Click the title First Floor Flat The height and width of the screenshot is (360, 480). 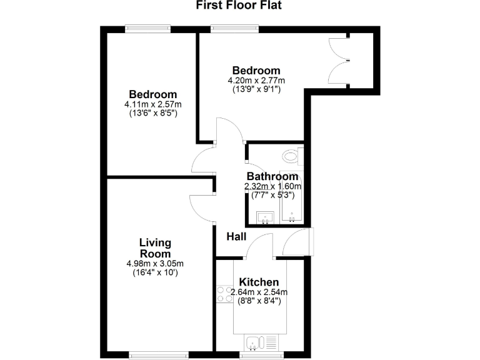(x=239, y=6)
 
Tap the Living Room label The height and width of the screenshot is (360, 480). (x=155, y=248)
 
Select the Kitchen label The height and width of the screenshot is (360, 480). (x=257, y=282)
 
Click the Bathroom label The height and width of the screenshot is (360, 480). (x=272, y=176)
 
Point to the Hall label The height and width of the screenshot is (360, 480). (x=236, y=236)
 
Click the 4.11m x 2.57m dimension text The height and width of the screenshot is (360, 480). (x=153, y=104)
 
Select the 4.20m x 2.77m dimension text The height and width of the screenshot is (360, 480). (x=256, y=81)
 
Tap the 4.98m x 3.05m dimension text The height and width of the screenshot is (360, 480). (x=155, y=263)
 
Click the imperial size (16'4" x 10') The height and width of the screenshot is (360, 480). (x=155, y=272)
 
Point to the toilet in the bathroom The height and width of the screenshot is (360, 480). (x=292, y=156)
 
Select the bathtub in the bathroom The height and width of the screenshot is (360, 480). (x=292, y=197)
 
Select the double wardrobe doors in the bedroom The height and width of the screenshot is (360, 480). (x=338, y=59)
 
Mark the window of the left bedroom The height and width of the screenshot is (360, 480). (x=147, y=27)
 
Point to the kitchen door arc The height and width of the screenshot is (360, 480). (x=259, y=246)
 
